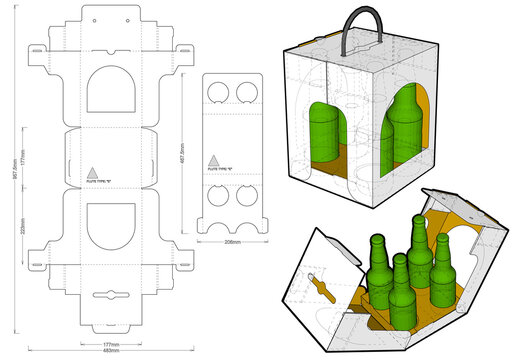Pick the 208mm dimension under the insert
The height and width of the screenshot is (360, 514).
click(x=233, y=243)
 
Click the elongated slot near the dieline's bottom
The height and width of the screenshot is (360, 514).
click(x=111, y=297)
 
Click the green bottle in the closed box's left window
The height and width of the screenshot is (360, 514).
click(x=321, y=130)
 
